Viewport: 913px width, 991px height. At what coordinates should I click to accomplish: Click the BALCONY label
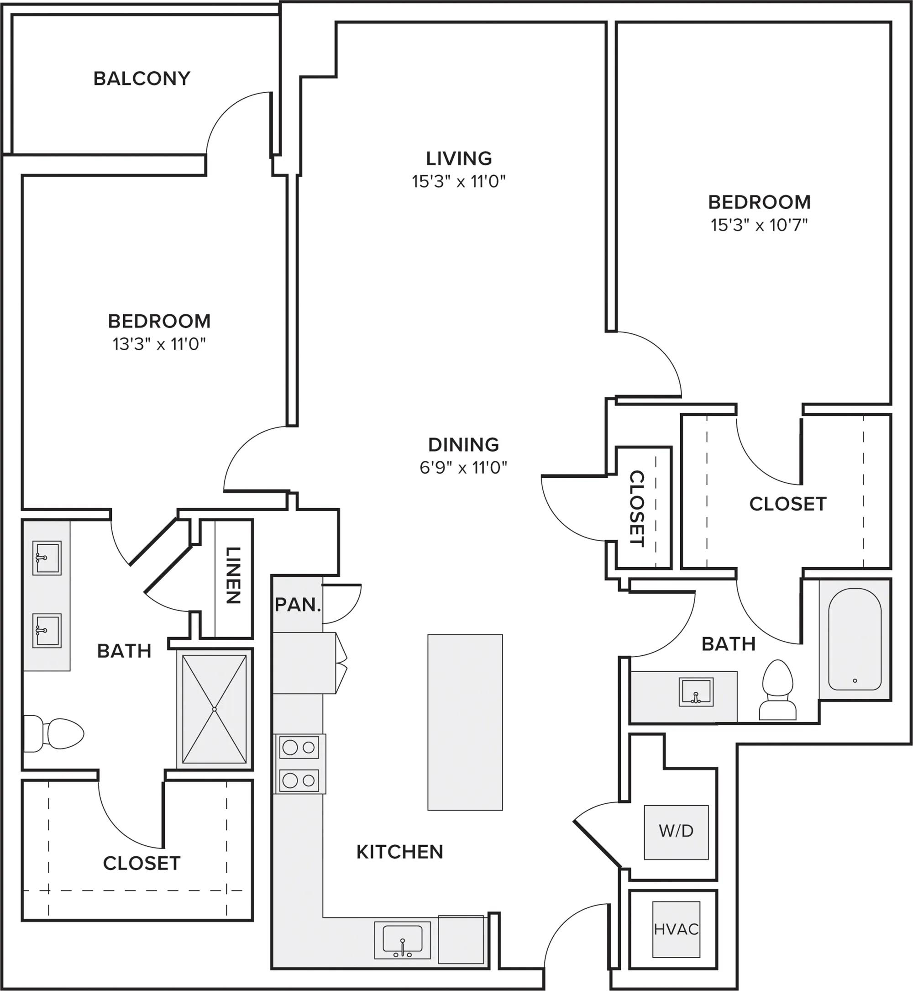point(142,79)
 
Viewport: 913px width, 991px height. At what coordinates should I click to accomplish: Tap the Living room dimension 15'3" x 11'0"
point(458,181)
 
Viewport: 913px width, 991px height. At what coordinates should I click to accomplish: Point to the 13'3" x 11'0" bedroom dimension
point(159,343)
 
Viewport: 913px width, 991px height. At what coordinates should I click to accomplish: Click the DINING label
point(463,444)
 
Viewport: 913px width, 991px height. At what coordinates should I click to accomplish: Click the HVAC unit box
point(676,929)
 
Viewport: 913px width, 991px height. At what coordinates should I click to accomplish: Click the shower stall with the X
point(215,709)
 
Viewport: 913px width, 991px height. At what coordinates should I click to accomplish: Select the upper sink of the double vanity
point(47,558)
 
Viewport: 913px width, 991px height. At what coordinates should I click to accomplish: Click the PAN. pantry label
point(298,605)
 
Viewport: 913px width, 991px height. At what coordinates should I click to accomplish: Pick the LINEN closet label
point(233,575)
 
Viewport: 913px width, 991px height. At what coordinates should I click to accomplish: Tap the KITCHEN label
point(400,852)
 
